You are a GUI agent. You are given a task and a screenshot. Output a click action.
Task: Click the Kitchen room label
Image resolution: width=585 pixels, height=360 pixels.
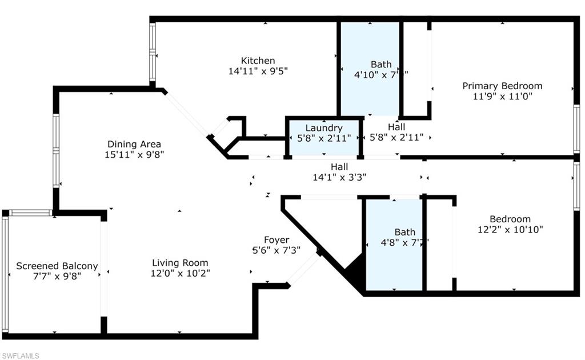tap(258, 61)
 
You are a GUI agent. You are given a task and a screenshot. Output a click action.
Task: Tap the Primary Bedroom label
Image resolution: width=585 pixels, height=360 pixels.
tap(502, 86)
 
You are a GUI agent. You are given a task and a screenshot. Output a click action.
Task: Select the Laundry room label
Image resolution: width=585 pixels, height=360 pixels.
tap(324, 128)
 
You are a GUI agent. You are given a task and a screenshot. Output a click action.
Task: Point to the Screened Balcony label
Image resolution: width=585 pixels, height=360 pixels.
tap(57, 266)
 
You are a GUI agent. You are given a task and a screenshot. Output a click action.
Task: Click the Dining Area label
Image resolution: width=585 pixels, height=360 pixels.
tap(134, 144)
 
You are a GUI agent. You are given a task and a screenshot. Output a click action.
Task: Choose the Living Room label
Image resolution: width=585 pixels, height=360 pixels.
tap(180, 263)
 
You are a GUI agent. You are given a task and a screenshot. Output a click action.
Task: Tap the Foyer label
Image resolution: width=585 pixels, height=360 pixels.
tap(277, 240)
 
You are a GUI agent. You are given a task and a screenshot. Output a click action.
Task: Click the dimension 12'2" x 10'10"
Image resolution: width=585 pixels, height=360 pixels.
tap(510, 229)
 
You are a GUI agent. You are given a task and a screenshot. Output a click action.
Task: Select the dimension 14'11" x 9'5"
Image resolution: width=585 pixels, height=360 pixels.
tap(258, 71)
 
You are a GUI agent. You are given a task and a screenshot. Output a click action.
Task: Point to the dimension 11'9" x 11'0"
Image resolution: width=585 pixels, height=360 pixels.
tap(502, 96)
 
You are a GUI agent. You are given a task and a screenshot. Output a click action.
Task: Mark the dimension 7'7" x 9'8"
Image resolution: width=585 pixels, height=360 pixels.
tap(57, 277)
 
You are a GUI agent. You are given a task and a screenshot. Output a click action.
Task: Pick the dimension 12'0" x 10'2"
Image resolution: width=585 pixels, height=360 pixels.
tap(180, 273)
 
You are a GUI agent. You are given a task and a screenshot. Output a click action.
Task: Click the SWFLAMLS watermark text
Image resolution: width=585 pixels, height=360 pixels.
tap(20, 355)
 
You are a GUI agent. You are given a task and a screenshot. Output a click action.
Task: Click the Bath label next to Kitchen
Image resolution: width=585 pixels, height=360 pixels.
tap(381, 65)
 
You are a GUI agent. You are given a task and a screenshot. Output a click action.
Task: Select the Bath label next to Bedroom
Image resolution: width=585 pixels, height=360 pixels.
tap(405, 232)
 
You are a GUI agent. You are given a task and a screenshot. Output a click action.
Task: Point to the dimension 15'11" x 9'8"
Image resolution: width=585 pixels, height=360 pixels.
tap(134, 154)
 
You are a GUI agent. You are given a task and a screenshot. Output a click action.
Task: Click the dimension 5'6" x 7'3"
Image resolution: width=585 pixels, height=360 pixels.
tap(277, 250)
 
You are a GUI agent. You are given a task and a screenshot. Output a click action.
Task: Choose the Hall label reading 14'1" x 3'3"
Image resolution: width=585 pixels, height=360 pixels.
tap(339, 166)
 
